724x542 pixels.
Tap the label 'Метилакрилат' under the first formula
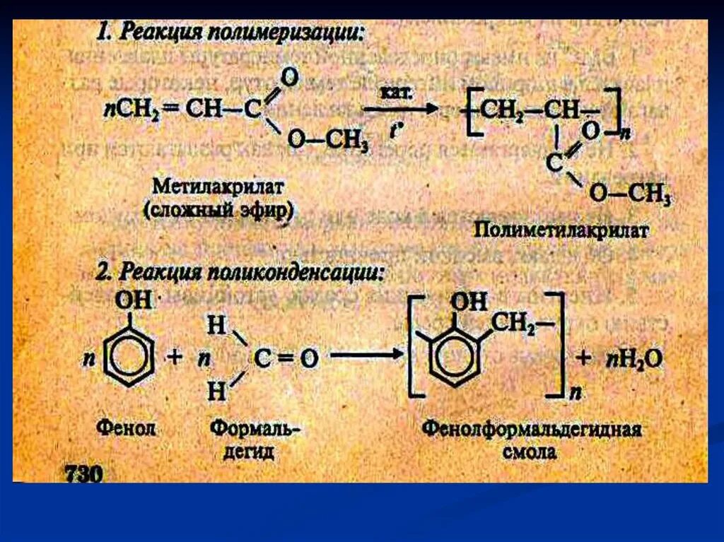click(219, 188)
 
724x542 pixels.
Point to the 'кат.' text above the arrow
click(394, 93)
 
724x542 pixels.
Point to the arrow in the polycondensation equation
click(363, 358)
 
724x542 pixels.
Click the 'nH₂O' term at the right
click(633, 358)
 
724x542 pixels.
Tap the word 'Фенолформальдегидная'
click(531, 429)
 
